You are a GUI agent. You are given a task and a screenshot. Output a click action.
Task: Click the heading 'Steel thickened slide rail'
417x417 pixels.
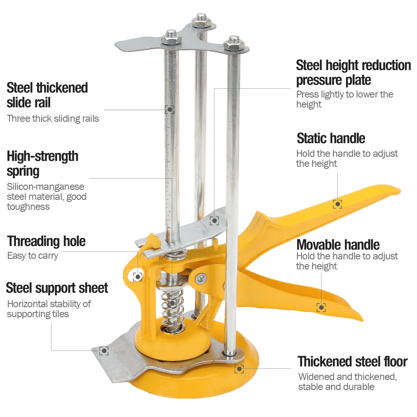tap(47, 95)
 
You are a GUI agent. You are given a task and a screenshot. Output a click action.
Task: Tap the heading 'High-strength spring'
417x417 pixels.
tap(43, 163)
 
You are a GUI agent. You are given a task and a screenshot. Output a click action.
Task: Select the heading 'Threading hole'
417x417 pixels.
tap(46, 241)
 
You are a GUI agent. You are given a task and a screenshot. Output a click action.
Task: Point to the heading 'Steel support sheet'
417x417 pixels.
tap(57, 288)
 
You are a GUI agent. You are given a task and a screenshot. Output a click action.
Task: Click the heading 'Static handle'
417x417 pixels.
tap(331, 138)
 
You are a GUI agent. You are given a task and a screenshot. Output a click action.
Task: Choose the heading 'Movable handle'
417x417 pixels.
tap(338, 245)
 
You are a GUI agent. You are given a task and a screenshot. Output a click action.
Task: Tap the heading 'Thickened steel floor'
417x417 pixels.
tap(353, 361)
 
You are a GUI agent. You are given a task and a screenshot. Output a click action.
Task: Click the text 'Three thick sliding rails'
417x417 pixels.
tap(53, 118)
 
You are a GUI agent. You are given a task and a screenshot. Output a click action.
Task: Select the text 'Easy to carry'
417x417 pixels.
tap(33, 255)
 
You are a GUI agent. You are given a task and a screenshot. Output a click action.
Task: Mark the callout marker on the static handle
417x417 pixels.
tap(337, 204)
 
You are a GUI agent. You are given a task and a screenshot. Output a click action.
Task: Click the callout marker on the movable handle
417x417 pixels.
tap(321, 307)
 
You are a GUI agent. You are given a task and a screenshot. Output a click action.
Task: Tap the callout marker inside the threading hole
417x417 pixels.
tap(138, 277)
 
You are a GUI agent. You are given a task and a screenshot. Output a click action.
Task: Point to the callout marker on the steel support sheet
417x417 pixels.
tap(104, 351)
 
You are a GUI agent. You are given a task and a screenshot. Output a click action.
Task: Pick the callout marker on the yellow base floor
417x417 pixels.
tap(239, 369)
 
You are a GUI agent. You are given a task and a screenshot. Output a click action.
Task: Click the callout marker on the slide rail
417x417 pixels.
tap(170, 110)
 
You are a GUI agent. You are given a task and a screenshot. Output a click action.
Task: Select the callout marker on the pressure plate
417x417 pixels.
tap(214, 221)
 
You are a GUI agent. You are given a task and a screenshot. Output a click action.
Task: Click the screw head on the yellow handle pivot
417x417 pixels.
tap(201, 278)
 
